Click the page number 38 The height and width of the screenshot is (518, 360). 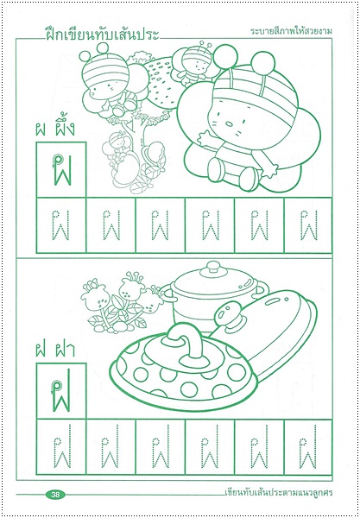click(55, 495)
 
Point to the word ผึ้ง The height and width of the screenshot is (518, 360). click(66, 132)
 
